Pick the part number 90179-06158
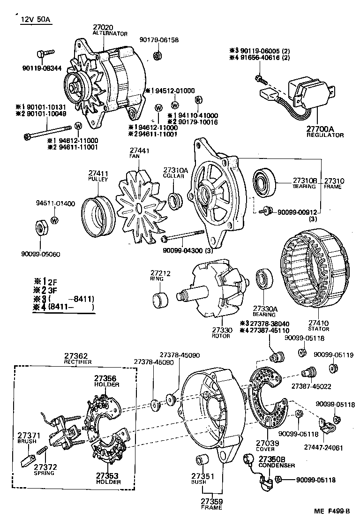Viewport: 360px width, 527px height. [x=159, y=40]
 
